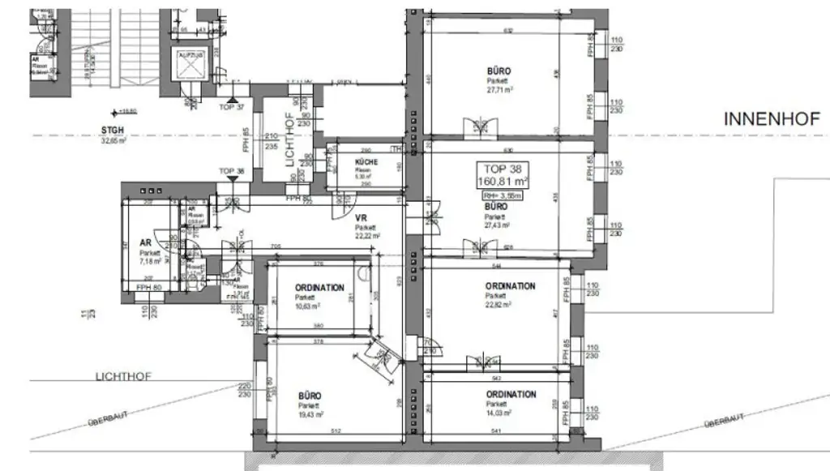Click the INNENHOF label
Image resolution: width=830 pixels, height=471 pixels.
coord(772,119)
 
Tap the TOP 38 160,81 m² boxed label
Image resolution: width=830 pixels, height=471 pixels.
coord(503,174)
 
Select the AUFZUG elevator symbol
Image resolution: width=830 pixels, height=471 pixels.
coord(189,65)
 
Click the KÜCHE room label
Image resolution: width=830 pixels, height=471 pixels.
coord(366,162)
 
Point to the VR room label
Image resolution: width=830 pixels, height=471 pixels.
coord(362,219)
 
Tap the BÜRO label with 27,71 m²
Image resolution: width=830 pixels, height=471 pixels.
coord(499,71)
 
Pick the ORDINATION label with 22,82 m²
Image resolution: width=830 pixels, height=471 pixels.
coord(510,286)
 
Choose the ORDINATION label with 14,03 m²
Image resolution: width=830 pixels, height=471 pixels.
coord(511,395)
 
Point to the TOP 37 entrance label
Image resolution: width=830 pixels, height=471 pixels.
coord(231,107)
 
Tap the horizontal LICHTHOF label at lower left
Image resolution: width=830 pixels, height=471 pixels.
coord(123,376)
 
